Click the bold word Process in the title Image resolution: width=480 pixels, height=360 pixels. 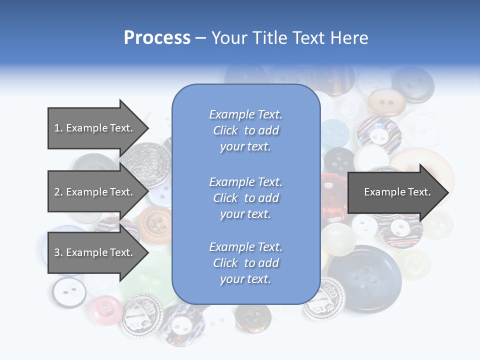(x=157, y=38)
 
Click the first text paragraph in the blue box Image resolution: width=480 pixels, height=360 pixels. (x=245, y=130)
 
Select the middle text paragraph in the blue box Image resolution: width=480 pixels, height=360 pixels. (x=245, y=198)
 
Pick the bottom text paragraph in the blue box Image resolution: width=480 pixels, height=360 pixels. (x=245, y=263)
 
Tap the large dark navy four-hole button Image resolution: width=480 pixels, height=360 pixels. (x=364, y=278)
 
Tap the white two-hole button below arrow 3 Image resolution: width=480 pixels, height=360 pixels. (x=68, y=291)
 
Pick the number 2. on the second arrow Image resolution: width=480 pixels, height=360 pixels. (x=58, y=192)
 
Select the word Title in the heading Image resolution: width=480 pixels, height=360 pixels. (x=270, y=38)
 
